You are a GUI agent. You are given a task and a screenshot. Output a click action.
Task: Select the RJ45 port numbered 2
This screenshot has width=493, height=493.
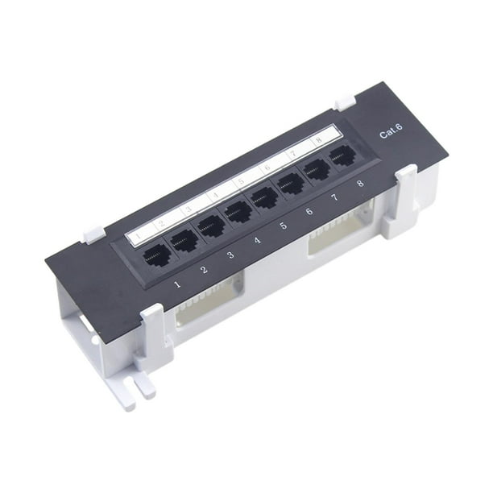[x=184, y=241]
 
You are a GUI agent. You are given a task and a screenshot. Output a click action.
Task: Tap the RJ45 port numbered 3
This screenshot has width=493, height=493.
[x=211, y=226]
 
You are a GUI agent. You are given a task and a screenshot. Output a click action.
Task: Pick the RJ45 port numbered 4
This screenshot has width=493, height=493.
[x=238, y=212]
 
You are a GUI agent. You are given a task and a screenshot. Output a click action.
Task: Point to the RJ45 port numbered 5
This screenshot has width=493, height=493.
[x=264, y=197]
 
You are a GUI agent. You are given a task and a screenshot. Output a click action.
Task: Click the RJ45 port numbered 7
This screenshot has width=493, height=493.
[x=317, y=168]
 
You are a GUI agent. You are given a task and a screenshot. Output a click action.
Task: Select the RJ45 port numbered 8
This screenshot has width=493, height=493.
[x=343, y=155]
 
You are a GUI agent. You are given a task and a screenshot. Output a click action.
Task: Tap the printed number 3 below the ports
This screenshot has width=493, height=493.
[x=231, y=255]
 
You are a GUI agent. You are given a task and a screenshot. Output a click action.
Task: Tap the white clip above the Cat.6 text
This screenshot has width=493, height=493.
[x=345, y=102]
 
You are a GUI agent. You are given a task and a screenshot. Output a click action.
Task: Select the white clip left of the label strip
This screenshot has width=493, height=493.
[x=93, y=234]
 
